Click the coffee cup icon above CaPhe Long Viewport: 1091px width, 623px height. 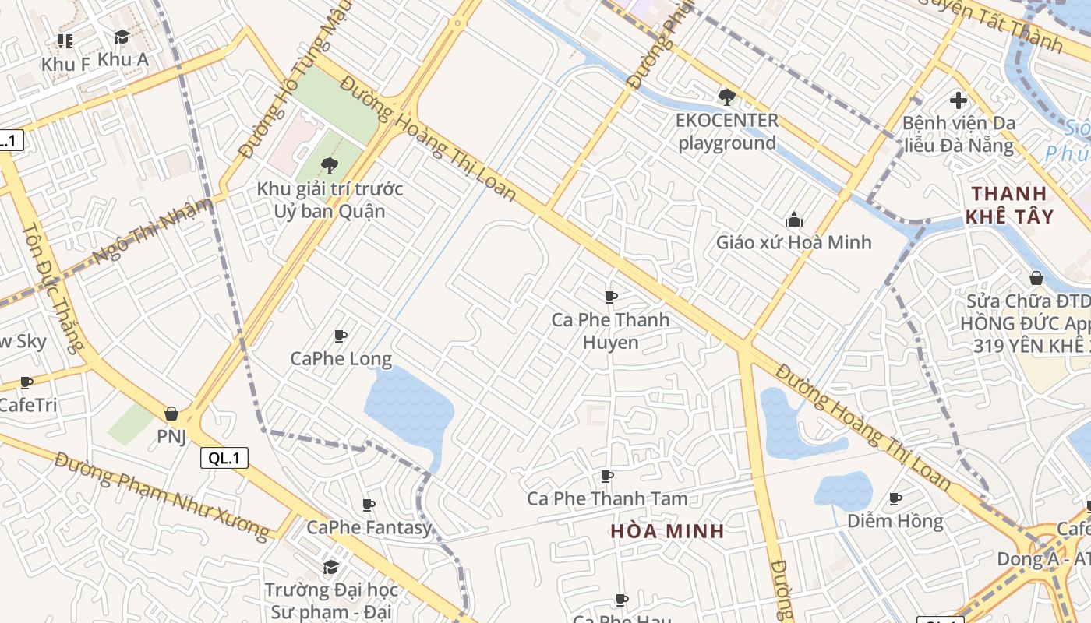[x=341, y=336]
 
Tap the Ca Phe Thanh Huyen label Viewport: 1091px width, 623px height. [x=611, y=331]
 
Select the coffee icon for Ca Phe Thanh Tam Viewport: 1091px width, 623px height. [x=607, y=476]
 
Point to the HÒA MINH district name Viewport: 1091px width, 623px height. [x=667, y=531]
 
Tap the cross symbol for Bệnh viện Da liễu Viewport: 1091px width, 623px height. [x=959, y=100]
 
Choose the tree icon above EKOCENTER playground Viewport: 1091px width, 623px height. [x=727, y=97]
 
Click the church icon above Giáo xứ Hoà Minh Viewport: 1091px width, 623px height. [x=794, y=220]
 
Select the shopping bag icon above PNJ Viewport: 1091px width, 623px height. [x=171, y=414]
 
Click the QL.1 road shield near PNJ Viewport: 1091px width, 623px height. [x=224, y=458]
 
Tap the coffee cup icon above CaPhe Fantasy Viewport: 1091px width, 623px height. [x=369, y=505]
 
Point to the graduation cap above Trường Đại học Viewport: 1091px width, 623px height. [x=331, y=566]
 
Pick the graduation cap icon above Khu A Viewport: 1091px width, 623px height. [x=122, y=37]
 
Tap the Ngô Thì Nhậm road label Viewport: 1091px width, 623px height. [x=152, y=232]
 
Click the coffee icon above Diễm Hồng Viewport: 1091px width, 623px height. [x=895, y=498]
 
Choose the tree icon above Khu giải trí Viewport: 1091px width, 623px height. [x=330, y=165]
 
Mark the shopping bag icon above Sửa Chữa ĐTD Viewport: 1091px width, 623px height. [x=1036, y=278]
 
